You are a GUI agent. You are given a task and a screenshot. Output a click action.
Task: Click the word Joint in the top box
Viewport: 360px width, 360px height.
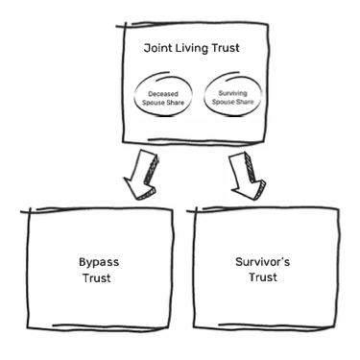[x=159, y=48]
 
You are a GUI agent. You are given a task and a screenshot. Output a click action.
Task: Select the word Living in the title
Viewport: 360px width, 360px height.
[x=193, y=48]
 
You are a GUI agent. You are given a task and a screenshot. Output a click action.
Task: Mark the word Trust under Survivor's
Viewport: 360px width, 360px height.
[x=261, y=277]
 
